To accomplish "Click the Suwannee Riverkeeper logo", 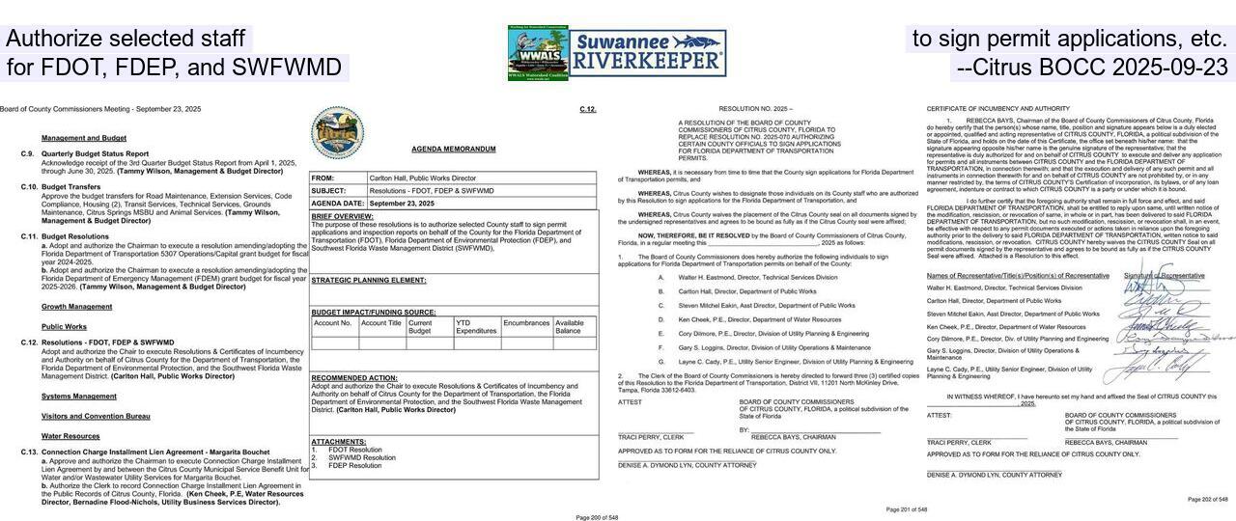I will point(648,52).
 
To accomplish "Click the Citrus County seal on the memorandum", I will point(337,132).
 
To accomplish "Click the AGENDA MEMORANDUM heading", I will point(453,150).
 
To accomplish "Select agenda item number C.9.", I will point(28,153).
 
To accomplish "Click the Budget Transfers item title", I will point(70,187).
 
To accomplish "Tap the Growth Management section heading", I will point(76,307).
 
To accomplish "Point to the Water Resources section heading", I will point(70,436).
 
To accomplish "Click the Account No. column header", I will point(333,323).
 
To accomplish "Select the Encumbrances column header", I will point(526,323).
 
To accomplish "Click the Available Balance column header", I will point(569,327).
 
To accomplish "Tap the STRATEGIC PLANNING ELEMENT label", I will point(368,280).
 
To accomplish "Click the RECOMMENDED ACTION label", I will point(354,377).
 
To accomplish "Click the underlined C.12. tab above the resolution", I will point(588,109).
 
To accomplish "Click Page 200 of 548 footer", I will point(596,517).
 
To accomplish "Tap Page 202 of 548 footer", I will point(1208,499).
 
